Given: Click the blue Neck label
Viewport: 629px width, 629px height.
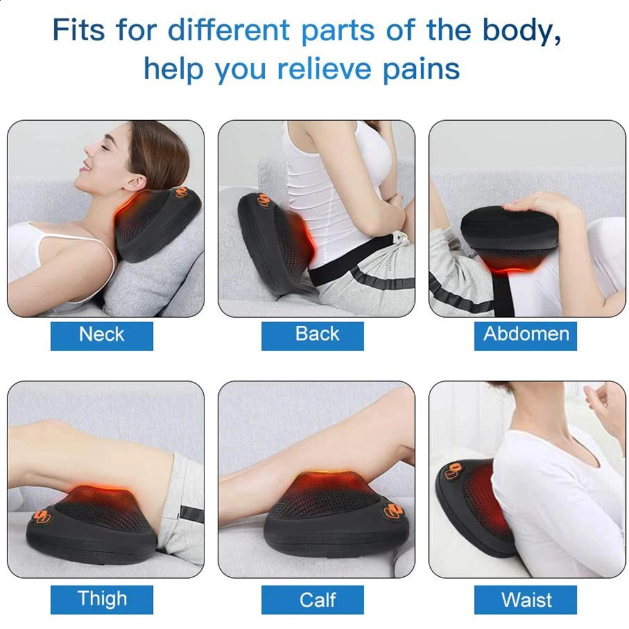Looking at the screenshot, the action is (x=101, y=336).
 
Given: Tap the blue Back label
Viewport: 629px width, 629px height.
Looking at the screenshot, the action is (x=313, y=336).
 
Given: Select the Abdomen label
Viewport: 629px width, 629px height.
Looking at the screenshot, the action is (x=525, y=336).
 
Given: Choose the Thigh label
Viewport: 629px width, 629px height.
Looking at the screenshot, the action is (x=101, y=599).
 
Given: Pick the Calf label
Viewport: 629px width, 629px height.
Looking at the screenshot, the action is (x=313, y=599).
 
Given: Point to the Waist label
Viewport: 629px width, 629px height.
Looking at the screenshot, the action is (x=525, y=599).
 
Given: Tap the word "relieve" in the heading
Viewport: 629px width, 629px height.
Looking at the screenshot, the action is (x=325, y=69).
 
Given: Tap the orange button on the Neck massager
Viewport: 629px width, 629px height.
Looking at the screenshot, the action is (x=181, y=192).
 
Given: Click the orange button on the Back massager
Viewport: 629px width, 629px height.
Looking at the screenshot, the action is (x=264, y=200).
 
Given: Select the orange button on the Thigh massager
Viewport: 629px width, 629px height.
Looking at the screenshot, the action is (x=42, y=516).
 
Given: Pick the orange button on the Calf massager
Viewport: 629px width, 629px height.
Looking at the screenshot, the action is (x=392, y=511).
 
